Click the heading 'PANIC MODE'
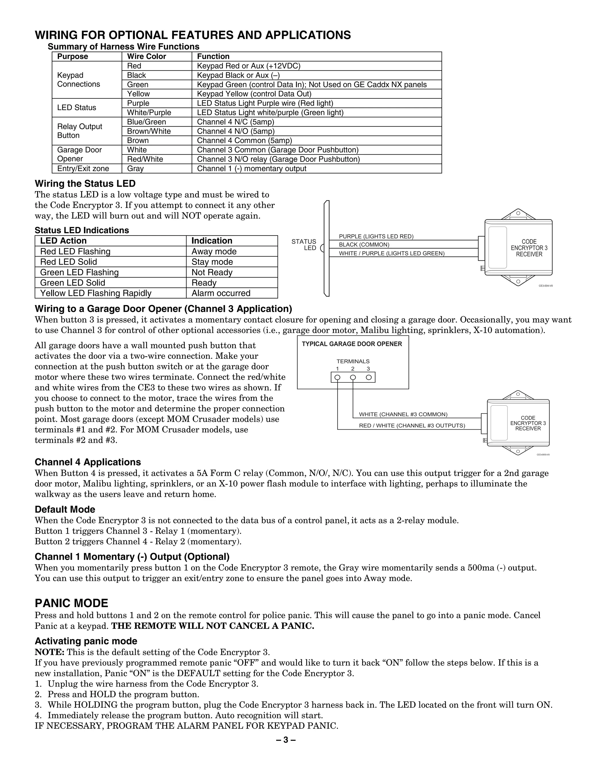pyautogui.click(x=72, y=603)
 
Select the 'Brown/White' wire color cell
pyautogui.click(x=149, y=131)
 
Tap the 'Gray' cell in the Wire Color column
pyautogui.click(x=135, y=169)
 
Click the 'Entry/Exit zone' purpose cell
pyautogui.click(x=83, y=169)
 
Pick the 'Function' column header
pyautogui.click(x=213, y=57)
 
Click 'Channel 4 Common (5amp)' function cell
pyautogui.click(x=244, y=141)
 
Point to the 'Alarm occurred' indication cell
pyautogui.click(x=221, y=293)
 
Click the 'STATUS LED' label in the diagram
pyautogui.click(x=304, y=245)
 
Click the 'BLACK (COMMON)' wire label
pyautogui.click(x=364, y=245)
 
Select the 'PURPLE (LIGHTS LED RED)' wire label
pyautogui.click(x=376, y=237)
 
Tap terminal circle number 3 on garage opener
pyautogui.click(x=368, y=377)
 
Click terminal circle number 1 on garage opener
pyautogui.click(x=337, y=377)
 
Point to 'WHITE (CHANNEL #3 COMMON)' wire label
pyautogui.click(x=403, y=414)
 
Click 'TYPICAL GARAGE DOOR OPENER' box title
pyautogui.click(x=352, y=344)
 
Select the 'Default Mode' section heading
pyautogui.click(x=65, y=510)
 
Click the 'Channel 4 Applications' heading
pyautogui.click(x=88, y=462)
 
